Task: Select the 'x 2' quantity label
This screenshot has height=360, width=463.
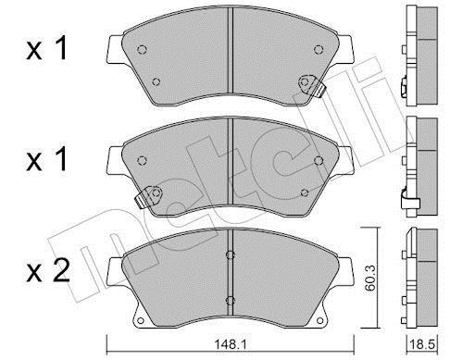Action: [48, 271]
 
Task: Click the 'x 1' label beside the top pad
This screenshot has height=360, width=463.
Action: [46, 49]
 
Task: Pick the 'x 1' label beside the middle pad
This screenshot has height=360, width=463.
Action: [46, 160]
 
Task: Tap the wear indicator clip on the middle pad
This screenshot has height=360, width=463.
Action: [149, 196]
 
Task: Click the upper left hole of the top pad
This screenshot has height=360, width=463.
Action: [142, 49]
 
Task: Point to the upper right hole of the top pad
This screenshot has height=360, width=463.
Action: [319, 49]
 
